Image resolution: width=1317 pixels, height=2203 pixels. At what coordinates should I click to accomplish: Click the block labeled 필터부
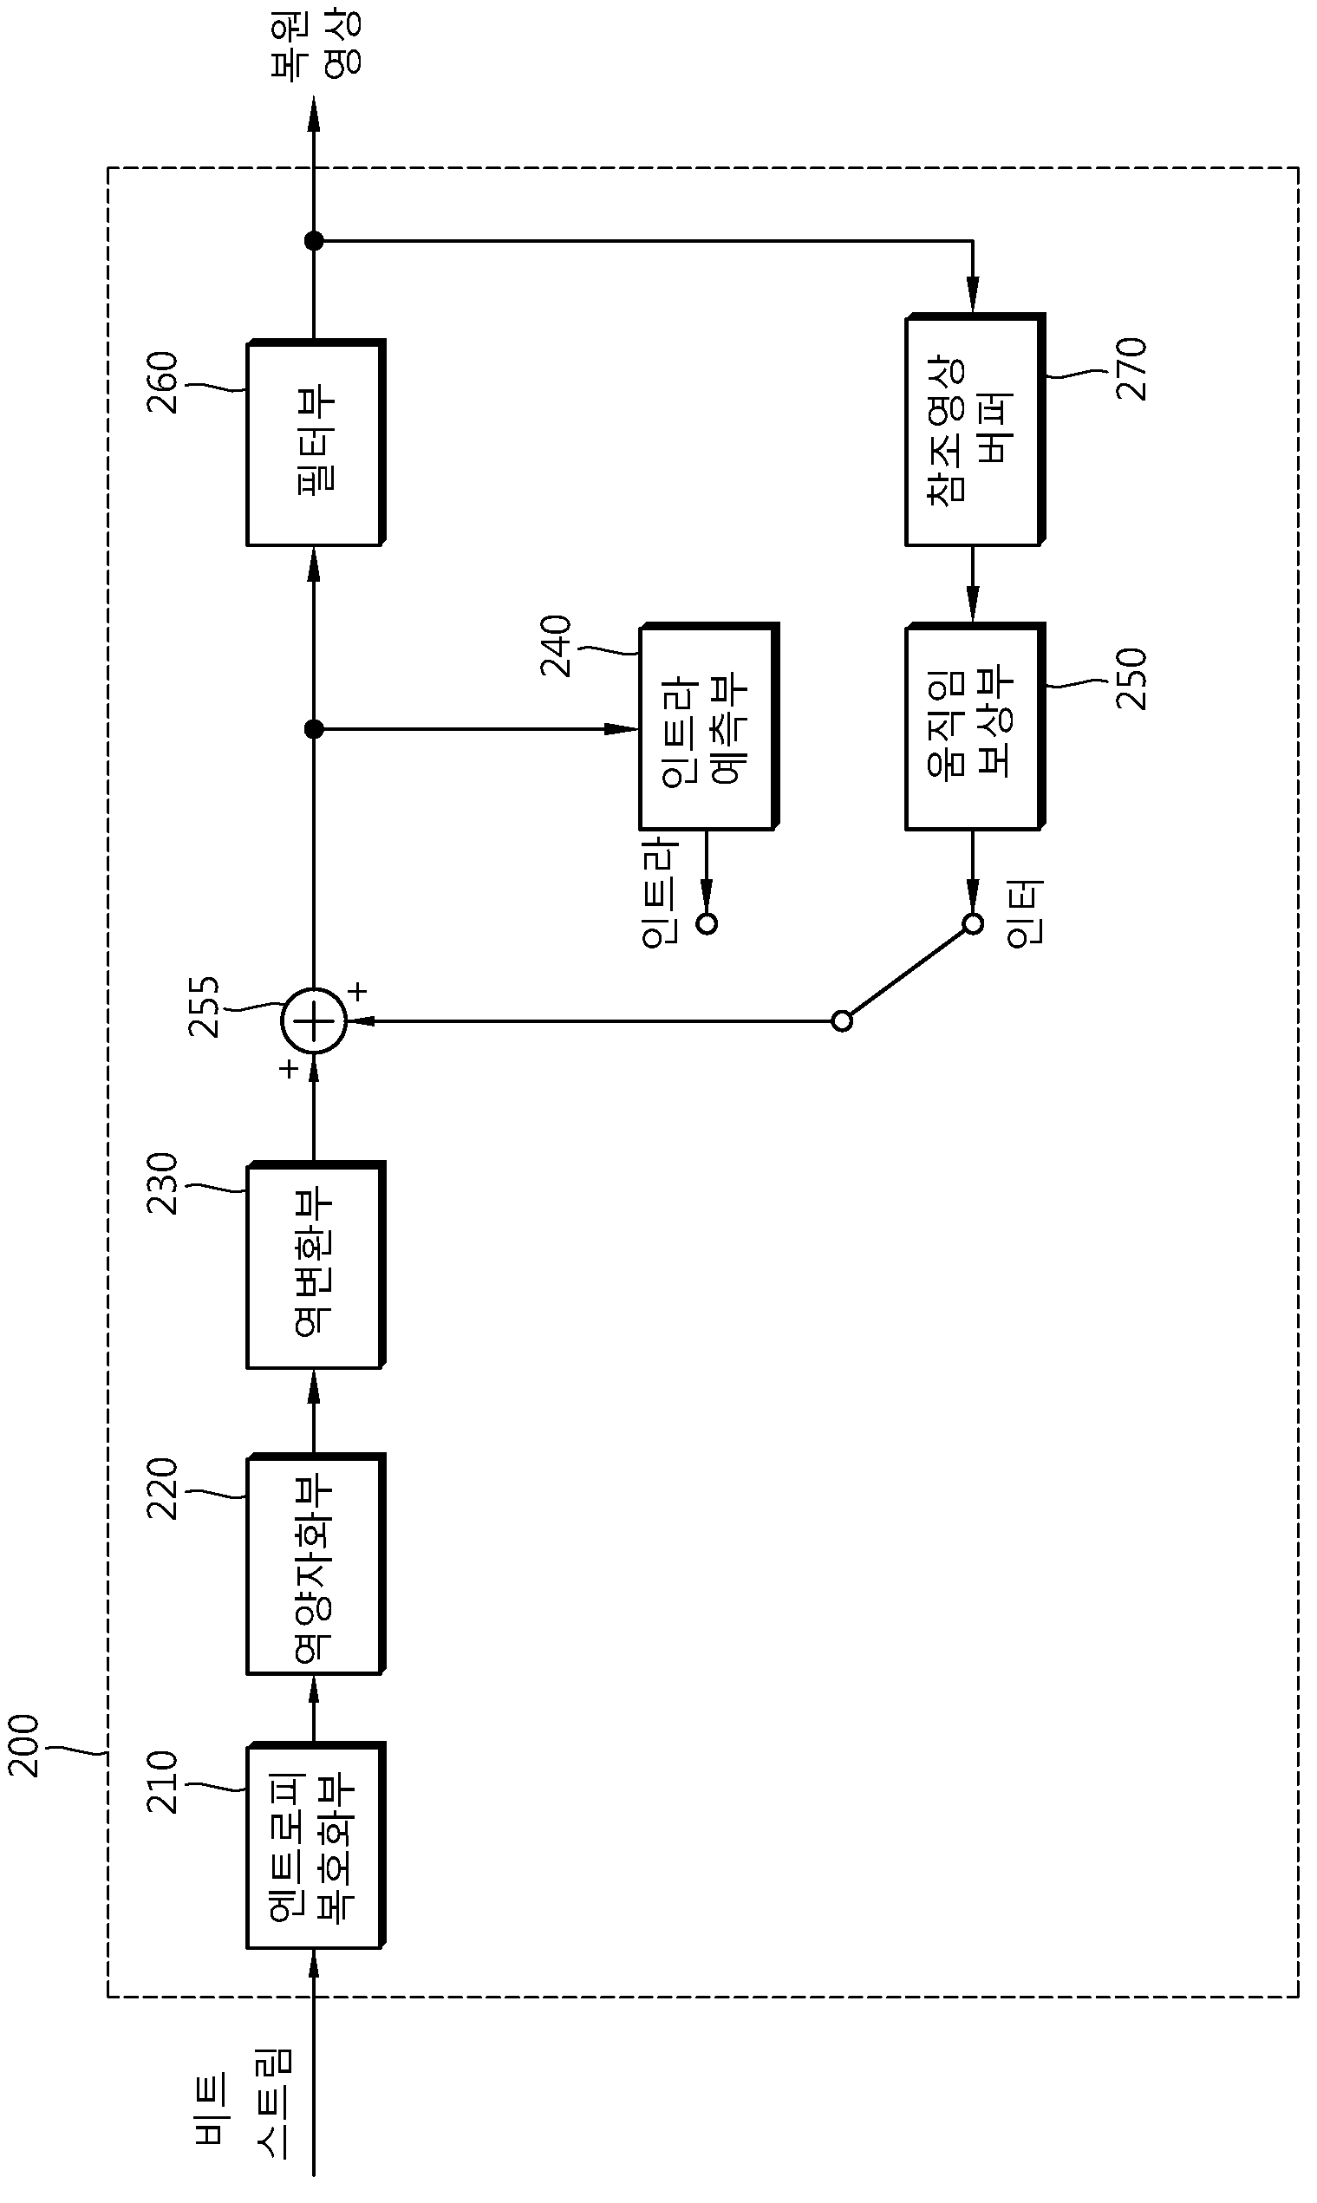coord(315,442)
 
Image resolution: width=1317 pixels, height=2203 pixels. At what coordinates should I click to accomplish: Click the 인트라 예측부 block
coord(708,727)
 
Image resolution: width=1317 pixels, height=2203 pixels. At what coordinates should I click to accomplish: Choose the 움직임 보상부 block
coord(975,727)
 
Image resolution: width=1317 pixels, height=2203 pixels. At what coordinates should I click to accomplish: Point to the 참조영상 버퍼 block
coord(975,429)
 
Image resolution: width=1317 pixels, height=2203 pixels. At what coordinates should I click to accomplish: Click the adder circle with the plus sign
coord(313,1021)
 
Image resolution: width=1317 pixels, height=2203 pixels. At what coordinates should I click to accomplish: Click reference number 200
coord(23,1745)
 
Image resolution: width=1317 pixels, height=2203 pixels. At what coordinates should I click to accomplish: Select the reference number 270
coord(1131,369)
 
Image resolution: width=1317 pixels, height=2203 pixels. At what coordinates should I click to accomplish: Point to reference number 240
coord(556,646)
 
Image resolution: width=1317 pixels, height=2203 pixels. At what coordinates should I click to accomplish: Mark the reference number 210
coord(161,1782)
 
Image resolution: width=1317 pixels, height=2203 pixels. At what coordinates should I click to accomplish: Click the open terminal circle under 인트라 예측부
coord(707,923)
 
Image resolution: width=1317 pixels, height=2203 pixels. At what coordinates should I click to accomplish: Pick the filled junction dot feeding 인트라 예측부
coord(313,729)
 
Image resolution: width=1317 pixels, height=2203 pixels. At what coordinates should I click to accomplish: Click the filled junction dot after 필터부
coord(313,240)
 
